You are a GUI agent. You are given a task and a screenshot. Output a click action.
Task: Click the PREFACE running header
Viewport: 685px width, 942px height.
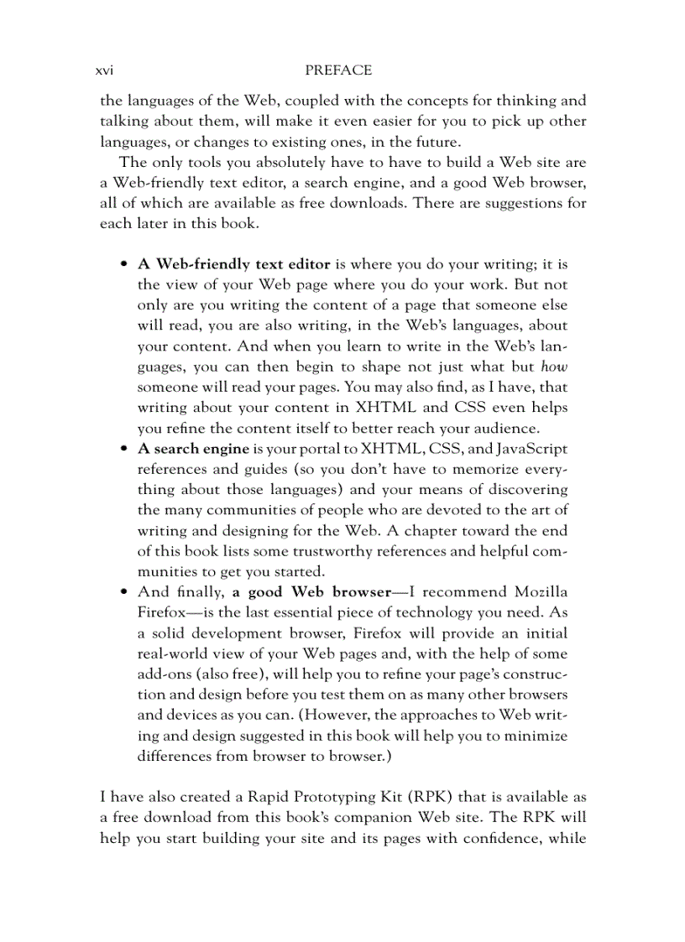point(338,71)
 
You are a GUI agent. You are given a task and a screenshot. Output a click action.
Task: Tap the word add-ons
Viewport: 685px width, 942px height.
point(165,674)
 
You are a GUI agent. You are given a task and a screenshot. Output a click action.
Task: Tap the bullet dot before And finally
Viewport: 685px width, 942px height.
point(124,593)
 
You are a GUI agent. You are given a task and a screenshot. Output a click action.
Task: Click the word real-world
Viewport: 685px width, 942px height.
point(174,653)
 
